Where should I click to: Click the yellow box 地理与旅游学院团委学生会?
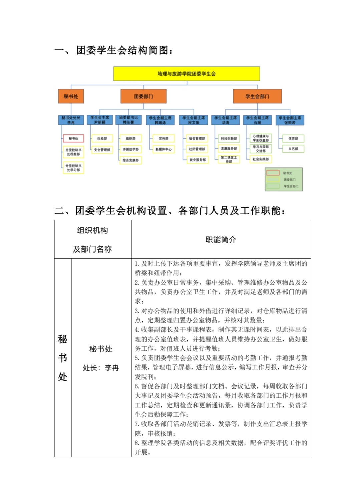coord(187,74)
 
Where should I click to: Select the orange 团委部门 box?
coord(143,96)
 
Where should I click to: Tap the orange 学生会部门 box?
coord(257,96)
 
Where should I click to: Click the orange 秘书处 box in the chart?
coord(71,96)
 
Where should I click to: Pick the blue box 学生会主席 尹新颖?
coord(100,120)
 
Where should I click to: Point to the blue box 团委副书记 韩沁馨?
coord(128,120)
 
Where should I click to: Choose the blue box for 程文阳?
coord(194,120)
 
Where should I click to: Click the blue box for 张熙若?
coord(290,120)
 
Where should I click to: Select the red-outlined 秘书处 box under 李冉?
coord(73,138)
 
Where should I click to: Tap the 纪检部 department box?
coord(102,138)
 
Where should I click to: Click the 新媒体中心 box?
coord(163,149)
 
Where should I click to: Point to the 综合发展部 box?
coord(130,160)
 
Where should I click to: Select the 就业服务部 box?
coord(198,160)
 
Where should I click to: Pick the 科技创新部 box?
coord(229,138)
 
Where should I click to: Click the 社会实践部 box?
coord(261,159)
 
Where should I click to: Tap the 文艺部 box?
coord(293,149)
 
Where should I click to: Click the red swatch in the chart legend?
coord(273,173)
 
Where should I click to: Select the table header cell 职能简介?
coord(221,239)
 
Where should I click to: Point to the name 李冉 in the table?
coord(112,368)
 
